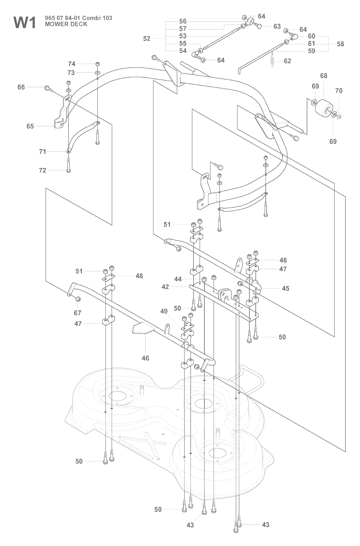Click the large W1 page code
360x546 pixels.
(x=24, y=23)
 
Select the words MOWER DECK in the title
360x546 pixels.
(x=66, y=24)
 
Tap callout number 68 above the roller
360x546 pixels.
(x=323, y=76)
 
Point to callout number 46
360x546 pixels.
(x=145, y=358)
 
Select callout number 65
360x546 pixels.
(x=31, y=126)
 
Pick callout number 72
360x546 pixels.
(x=42, y=170)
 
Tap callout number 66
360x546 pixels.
(x=21, y=87)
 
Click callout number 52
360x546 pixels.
(x=147, y=39)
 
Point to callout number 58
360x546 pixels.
(x=340, y=44)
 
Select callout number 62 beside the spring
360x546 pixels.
(x=287, y=61)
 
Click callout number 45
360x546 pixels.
(x=285, y=288)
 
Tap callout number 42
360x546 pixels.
(x=165, y=287)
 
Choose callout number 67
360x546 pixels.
(x=77, y=313)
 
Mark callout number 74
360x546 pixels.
(x=72, y=64)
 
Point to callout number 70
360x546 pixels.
(x=339, y=90)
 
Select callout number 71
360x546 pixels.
(x=43, y=152)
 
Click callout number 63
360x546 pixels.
(x=277, y=26)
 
